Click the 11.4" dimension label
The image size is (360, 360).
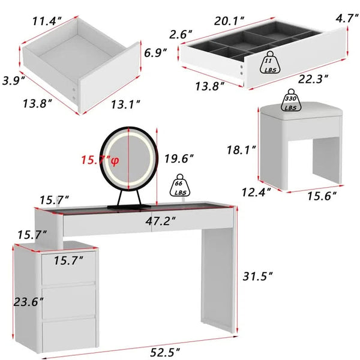[47, 21]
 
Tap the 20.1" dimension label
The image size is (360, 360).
[229, 21]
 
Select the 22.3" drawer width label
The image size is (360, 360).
[313, 79]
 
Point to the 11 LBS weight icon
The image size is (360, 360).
[270, 62]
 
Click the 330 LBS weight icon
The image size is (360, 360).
[290, 100]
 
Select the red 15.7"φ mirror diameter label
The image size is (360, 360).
[100, 160]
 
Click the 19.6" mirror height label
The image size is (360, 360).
[179, 158]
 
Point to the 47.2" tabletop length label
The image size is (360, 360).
[160, 221]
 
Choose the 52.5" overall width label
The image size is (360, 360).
[165, 352]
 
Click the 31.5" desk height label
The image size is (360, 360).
[257, 276]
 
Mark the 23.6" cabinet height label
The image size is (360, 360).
[28, 302]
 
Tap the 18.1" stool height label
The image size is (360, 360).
[241, 150]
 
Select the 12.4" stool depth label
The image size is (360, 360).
[256, 192]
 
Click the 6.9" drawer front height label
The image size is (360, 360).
[155, 53]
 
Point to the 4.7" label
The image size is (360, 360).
[347, 18]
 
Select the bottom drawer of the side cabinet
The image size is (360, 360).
[68, 335]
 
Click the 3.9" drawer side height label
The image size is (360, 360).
[14, 80]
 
